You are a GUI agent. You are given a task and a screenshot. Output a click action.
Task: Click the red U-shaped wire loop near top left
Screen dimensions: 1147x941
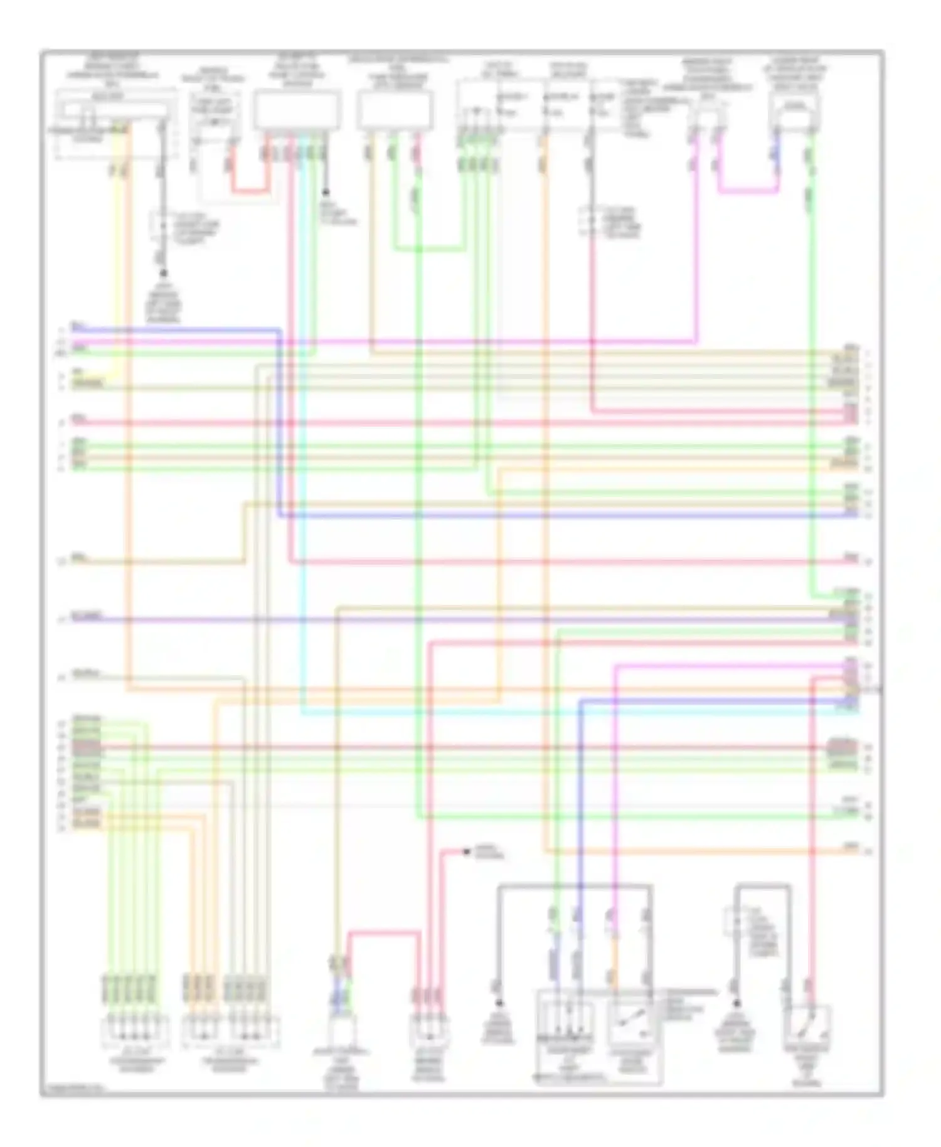coord(250,190)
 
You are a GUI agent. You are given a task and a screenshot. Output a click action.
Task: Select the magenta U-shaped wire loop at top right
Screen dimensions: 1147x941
coord(747,190)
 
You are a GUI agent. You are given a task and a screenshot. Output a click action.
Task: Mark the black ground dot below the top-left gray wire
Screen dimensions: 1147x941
coord(164,273)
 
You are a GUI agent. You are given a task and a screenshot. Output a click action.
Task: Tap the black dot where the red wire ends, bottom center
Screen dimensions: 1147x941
coord(466,851)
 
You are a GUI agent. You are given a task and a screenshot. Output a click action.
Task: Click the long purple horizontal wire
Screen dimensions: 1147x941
coord(439,620)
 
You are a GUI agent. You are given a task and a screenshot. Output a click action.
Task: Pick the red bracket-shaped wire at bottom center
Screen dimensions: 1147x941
coord(383,933)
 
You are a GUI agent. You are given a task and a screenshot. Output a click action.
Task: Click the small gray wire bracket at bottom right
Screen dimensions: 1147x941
coord(762,886)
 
